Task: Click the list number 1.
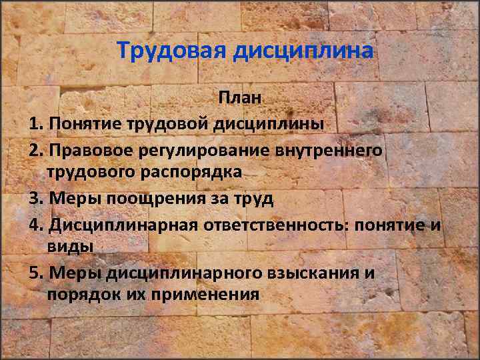(35, 124)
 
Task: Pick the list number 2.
(35, 149)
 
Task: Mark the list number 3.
(35, 198)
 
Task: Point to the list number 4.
(35, 223)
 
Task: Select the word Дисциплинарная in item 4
(123, 223)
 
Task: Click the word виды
(70, 246)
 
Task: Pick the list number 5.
(35, 273)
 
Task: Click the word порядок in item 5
(84, 295)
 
